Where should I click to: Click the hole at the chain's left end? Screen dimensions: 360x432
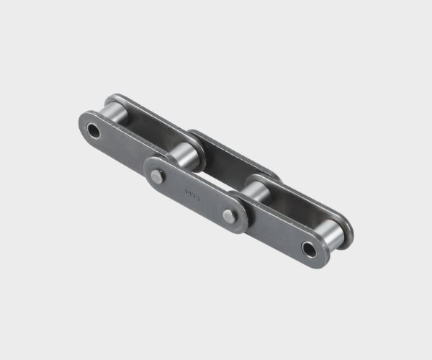pos(93,131)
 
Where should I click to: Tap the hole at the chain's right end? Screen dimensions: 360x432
pos(308,250)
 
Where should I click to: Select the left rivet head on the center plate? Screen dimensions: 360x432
pos(157,174)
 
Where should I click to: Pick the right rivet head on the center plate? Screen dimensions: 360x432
pos(228,216)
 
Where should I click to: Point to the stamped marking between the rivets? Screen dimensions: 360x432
pos(192,193)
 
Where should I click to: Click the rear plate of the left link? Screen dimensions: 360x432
pos(148,119)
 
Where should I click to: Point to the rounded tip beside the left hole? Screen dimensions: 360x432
pos(81,125)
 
